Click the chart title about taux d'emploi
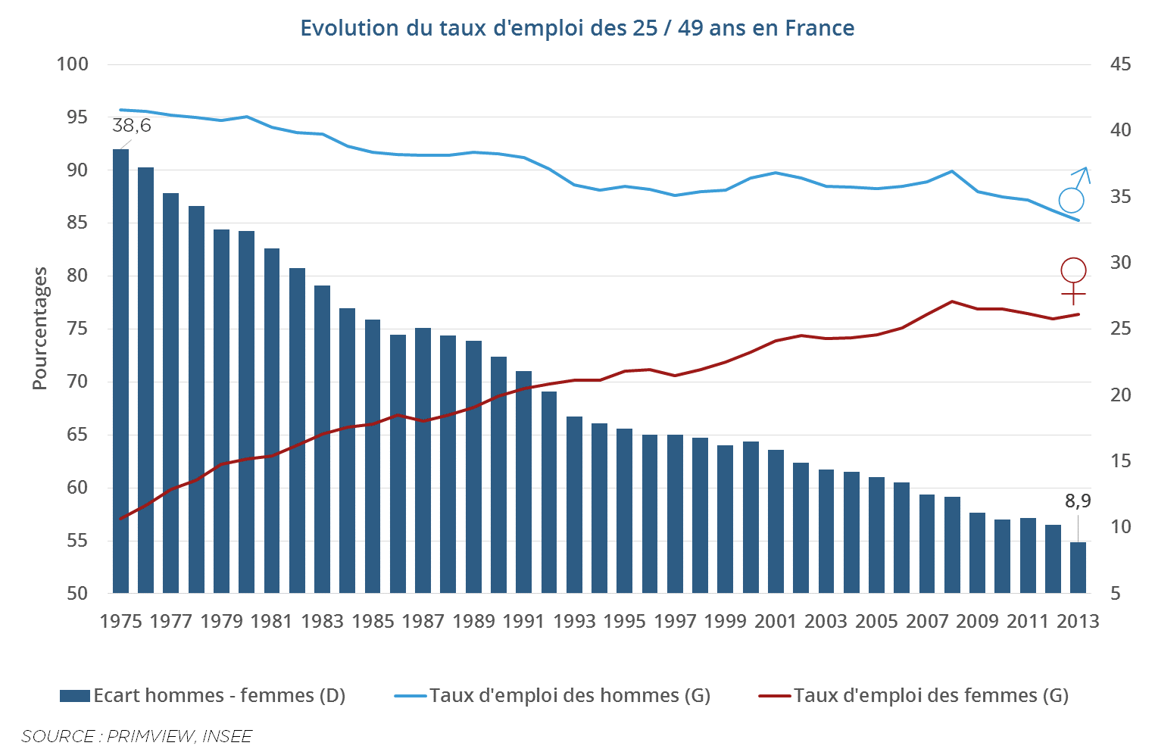point(577,28)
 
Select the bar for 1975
point(120,371)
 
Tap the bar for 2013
point(1078,567)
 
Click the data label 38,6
point(132,126)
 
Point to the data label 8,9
point(1078,501)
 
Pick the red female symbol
point(1073,280)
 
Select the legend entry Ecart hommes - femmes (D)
point(203,695)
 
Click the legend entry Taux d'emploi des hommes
point(553,695)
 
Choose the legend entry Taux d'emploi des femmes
point(913,695)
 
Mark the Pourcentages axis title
point(39,329)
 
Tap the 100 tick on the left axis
point(73,64)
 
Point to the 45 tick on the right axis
point(1120,64)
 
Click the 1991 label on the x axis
point(524,621)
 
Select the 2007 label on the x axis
point(927,621)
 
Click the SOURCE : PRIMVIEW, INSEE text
point(136,736)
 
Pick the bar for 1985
point(373,456)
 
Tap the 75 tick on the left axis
point(77,329)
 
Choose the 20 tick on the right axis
point(1120,395)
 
